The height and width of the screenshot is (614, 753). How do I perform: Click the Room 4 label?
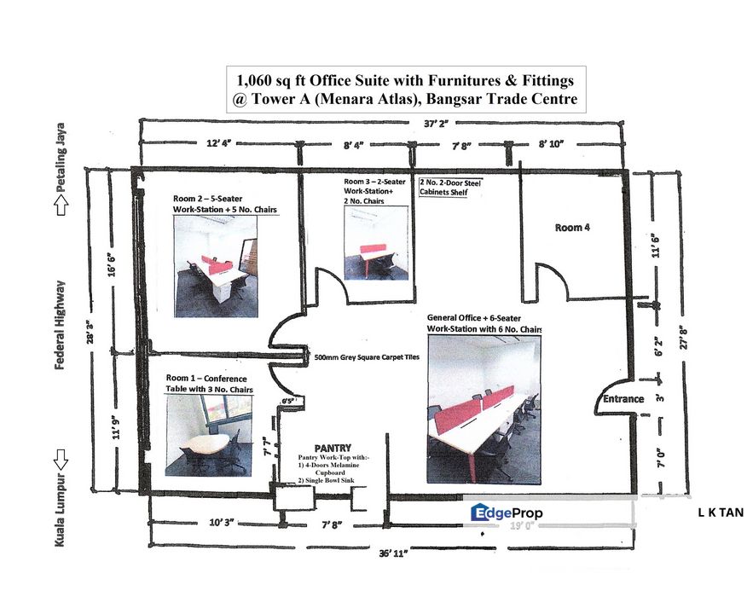(x=571, y=228)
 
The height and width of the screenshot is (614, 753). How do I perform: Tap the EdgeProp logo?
(x=507, y=513)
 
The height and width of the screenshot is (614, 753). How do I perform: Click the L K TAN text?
(x=721, y=513)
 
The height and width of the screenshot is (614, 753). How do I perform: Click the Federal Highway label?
(x=61, y=323)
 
